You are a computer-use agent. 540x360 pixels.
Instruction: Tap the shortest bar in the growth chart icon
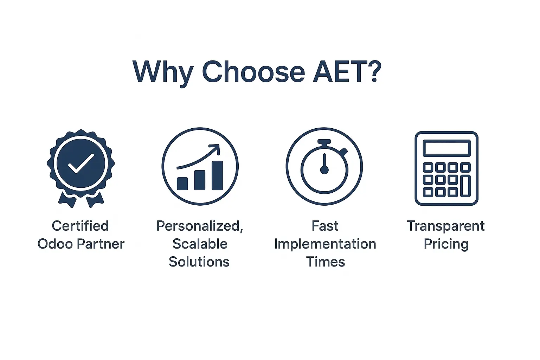pyautogui.click(x=182, y=184)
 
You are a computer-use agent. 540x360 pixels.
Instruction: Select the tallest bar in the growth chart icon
pyautogui.click(x=217, y=175)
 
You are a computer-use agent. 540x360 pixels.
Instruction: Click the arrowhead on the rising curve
pyautogui.click(x=215, y=149)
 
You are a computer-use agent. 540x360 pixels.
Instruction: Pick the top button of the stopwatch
pyautogui.click(x=324, y=142)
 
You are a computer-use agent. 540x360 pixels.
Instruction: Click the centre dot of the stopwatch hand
pyautogui.click(x=324, y=170)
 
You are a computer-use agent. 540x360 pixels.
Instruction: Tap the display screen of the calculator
pyautogui.click(x=446, y=148)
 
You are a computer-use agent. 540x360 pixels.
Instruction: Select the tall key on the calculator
pyautogui.click(x=465, y=186)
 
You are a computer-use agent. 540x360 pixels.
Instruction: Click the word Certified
pyautogui.click(x=80, y=226)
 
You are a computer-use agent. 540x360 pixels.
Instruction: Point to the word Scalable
pyautogui.click(x=200, y=244)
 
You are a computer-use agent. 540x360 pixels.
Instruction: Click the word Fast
pyautogui.click(x=325, y=226)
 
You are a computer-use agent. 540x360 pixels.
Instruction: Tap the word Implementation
pyautogui.click(x=325, y=244)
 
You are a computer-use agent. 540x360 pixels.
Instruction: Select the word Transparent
pyautogui.click(x=446, y=226)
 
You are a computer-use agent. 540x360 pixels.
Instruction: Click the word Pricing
pyautogui.click(x=446, y=244)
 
